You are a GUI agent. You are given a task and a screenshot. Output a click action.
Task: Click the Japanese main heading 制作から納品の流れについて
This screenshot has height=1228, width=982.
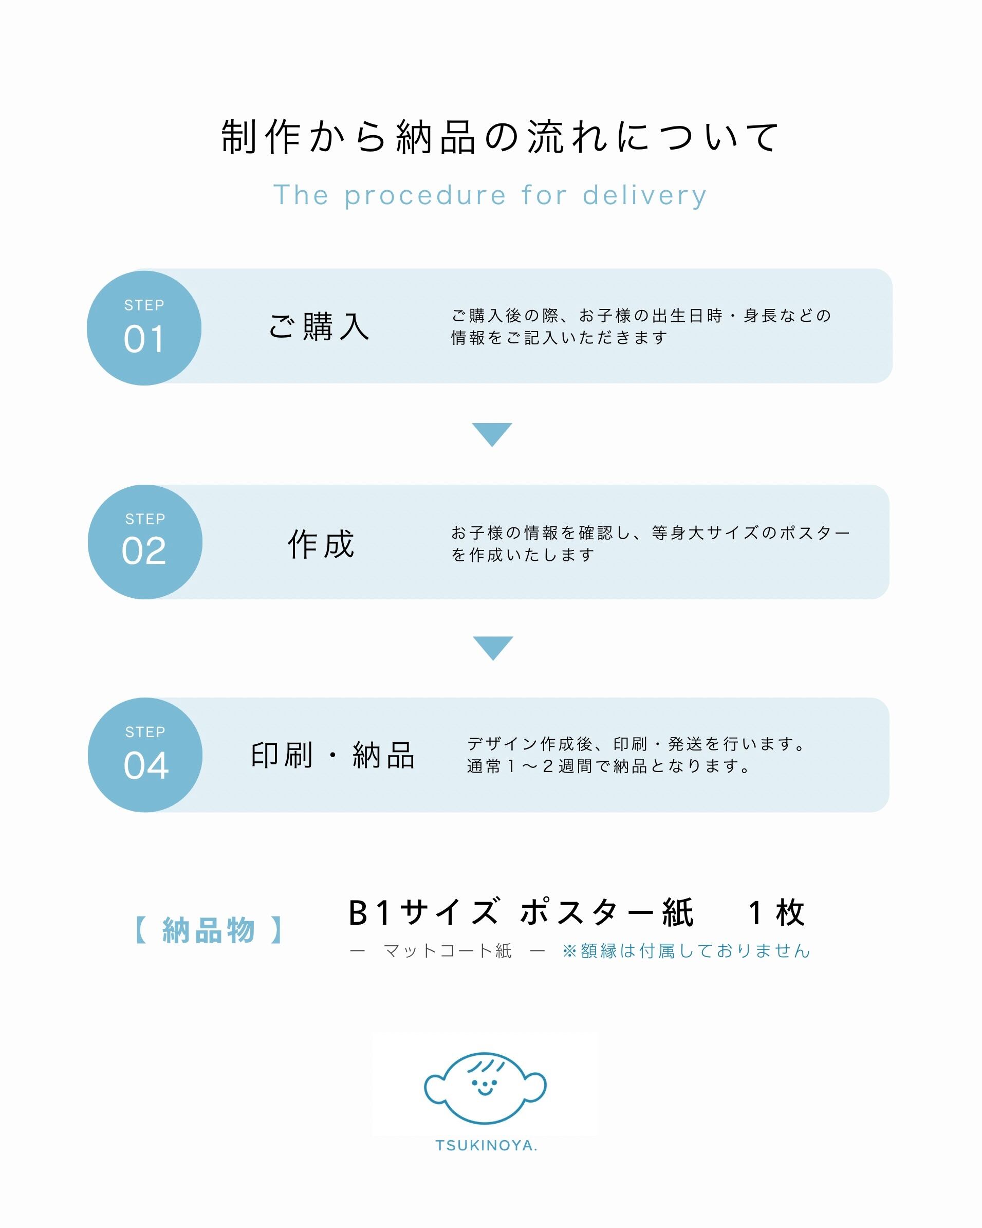[500, 137]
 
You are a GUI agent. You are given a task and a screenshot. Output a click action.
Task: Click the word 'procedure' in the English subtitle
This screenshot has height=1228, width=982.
[424, 196]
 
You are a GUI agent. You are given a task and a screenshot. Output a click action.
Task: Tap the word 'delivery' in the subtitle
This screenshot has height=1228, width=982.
[644, 196]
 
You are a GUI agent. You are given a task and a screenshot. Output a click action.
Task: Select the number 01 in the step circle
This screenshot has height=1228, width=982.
[144, 339]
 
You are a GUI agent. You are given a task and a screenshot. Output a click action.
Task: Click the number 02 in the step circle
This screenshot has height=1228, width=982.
[144, 551]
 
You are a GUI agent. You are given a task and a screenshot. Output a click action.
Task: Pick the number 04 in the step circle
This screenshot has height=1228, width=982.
[146, 765]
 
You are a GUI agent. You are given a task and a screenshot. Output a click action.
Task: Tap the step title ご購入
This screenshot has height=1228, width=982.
[319, 327]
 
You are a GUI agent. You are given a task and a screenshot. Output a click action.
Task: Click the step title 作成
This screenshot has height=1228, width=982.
[321, 544]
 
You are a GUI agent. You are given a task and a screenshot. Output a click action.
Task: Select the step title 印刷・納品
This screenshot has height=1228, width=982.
[333, 756]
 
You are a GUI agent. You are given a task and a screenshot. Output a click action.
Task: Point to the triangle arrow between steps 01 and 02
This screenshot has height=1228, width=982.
[492, 433]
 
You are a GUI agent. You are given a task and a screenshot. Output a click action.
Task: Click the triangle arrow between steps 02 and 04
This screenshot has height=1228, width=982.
[493, 647]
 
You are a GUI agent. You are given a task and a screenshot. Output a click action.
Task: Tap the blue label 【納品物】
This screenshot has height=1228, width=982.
[208, 930]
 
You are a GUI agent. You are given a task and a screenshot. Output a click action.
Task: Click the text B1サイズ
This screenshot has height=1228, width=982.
[424, 913]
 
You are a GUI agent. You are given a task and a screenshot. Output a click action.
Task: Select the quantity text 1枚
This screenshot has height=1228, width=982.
[776, 913]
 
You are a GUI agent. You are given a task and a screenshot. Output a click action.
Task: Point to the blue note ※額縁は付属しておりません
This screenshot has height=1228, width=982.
[686, 950]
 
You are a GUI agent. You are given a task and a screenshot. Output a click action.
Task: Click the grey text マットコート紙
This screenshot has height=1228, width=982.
[448, 950]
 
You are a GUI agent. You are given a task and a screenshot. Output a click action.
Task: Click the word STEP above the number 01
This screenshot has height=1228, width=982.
[144, 305]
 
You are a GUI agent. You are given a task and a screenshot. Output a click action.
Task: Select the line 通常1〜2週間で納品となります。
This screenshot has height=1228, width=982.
[608, 766]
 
